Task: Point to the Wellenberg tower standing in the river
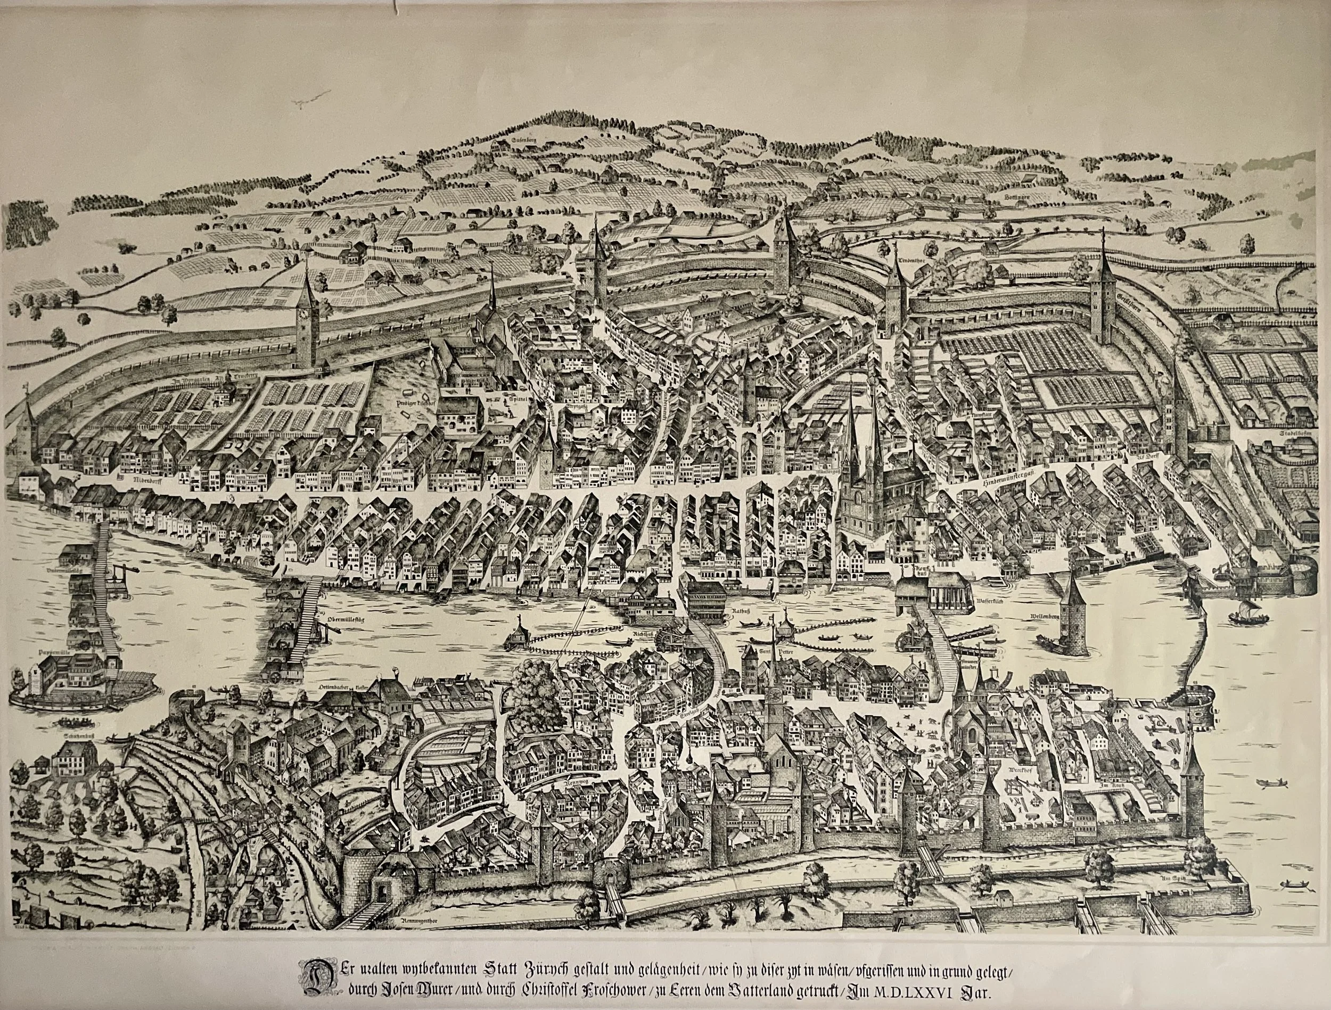click(1074, 614)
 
